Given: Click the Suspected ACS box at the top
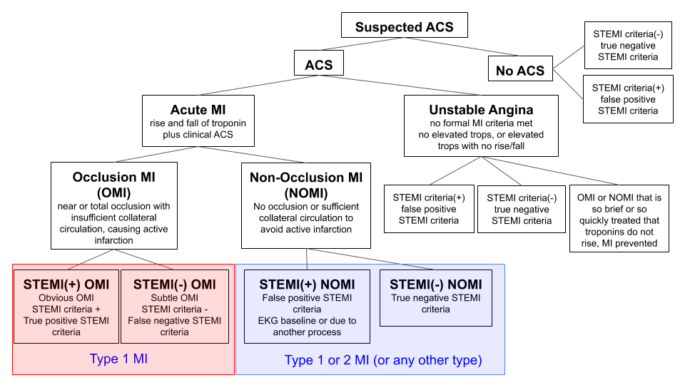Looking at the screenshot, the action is coord(404,26).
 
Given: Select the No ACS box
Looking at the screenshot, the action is coord(520,68).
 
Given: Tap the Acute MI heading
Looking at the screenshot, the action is coord(198,110).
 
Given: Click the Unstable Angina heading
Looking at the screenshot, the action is coord(481,110).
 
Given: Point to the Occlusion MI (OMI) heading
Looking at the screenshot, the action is coord(114,185).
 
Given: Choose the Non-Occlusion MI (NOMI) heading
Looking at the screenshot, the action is coord(306,185).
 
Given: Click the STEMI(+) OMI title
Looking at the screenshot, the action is coord(66,284).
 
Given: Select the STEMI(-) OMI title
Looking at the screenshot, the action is coord(174,284).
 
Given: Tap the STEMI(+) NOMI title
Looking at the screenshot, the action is coord(307,284).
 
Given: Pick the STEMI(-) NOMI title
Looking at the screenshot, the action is coord(435,284).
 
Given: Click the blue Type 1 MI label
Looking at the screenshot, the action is coord(119,359).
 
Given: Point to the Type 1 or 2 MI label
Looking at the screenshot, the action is coord(383,360).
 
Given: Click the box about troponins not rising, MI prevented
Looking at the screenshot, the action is coord(619,219).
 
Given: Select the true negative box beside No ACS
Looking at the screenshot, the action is coord(628,46).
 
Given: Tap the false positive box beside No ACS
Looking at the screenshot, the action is coord(628,99).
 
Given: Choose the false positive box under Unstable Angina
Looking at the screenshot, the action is coord(429,209).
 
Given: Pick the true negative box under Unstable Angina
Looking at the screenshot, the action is coord(521,209).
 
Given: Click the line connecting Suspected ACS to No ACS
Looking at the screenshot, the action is coord(462,47).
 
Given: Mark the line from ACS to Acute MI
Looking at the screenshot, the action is coord(258,85).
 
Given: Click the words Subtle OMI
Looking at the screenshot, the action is coord(174,298).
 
